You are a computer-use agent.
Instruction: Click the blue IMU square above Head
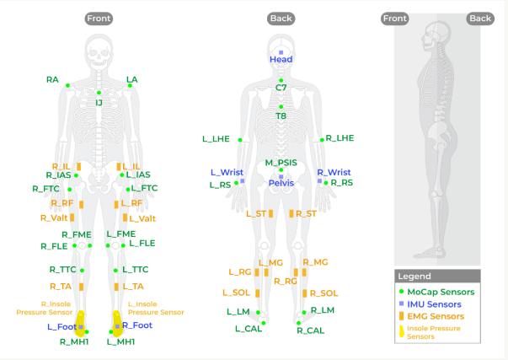[x=281, y=52]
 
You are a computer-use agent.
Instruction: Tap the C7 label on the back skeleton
[x=281, y=88]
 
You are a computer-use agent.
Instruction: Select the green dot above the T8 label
[x=281, y=107]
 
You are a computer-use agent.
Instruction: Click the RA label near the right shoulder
[x=52, y=80]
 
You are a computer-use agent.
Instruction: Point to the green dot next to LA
[x=130, y=86]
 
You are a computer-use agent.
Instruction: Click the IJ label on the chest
[x=99, y=103]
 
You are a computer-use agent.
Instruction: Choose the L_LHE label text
[x=216, y=139]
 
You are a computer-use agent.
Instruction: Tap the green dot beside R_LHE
[x=322, y=140]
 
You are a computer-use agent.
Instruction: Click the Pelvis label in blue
[x=281, y=183]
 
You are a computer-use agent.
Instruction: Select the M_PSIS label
[x=281, y=163]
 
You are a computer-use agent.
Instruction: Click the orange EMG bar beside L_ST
[x=270, y=213]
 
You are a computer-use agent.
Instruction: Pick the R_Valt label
[x=54, y=218]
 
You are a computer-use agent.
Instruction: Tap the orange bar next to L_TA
[x=116, y=287]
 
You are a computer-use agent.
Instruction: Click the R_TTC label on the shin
[x=62, y=270]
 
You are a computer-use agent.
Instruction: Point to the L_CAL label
[x=249, y=329]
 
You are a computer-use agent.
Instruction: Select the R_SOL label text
[x=324, y=293]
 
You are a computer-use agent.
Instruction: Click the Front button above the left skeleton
[x=99, y=19]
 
